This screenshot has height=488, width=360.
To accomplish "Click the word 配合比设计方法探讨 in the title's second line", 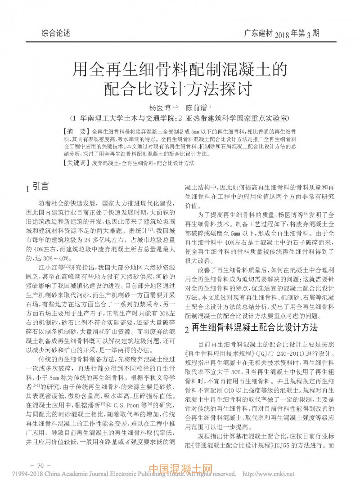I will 180,87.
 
